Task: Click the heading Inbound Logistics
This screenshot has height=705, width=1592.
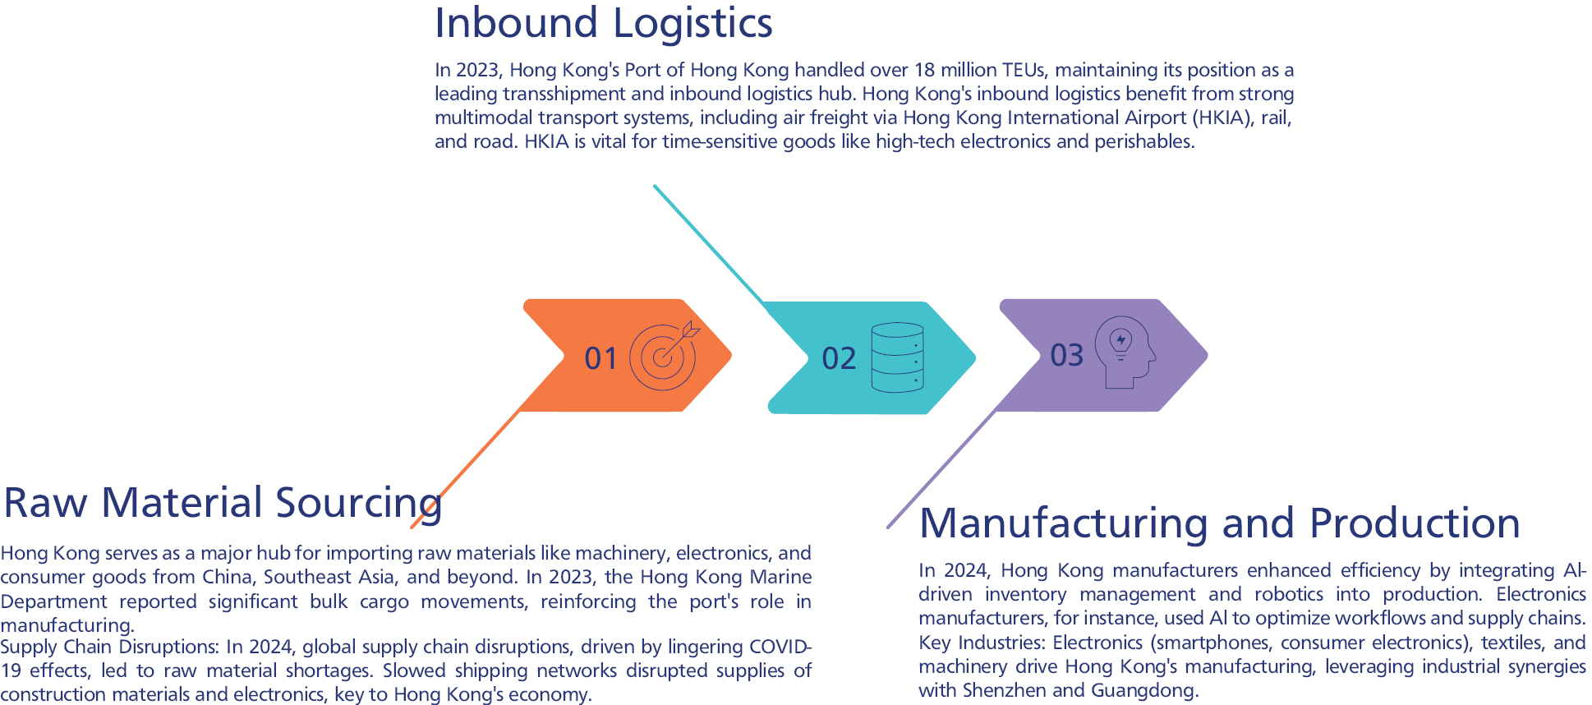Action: point(603,23)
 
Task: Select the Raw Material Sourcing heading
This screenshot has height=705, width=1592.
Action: point(222,503)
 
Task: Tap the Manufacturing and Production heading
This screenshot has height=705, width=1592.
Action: point(1219,523)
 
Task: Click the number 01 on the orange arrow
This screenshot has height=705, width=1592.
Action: point(600,358)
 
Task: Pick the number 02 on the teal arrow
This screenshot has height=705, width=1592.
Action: point(839,358)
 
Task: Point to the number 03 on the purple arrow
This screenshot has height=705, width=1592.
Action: point(1066,355)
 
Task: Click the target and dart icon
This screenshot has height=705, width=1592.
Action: point(664,355)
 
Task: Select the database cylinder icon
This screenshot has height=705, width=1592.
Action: point(897,357)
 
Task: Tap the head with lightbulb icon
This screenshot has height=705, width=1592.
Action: point(1127,352)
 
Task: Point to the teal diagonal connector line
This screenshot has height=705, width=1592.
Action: point(708,243)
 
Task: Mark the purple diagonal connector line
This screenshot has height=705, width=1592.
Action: point(941,470)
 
